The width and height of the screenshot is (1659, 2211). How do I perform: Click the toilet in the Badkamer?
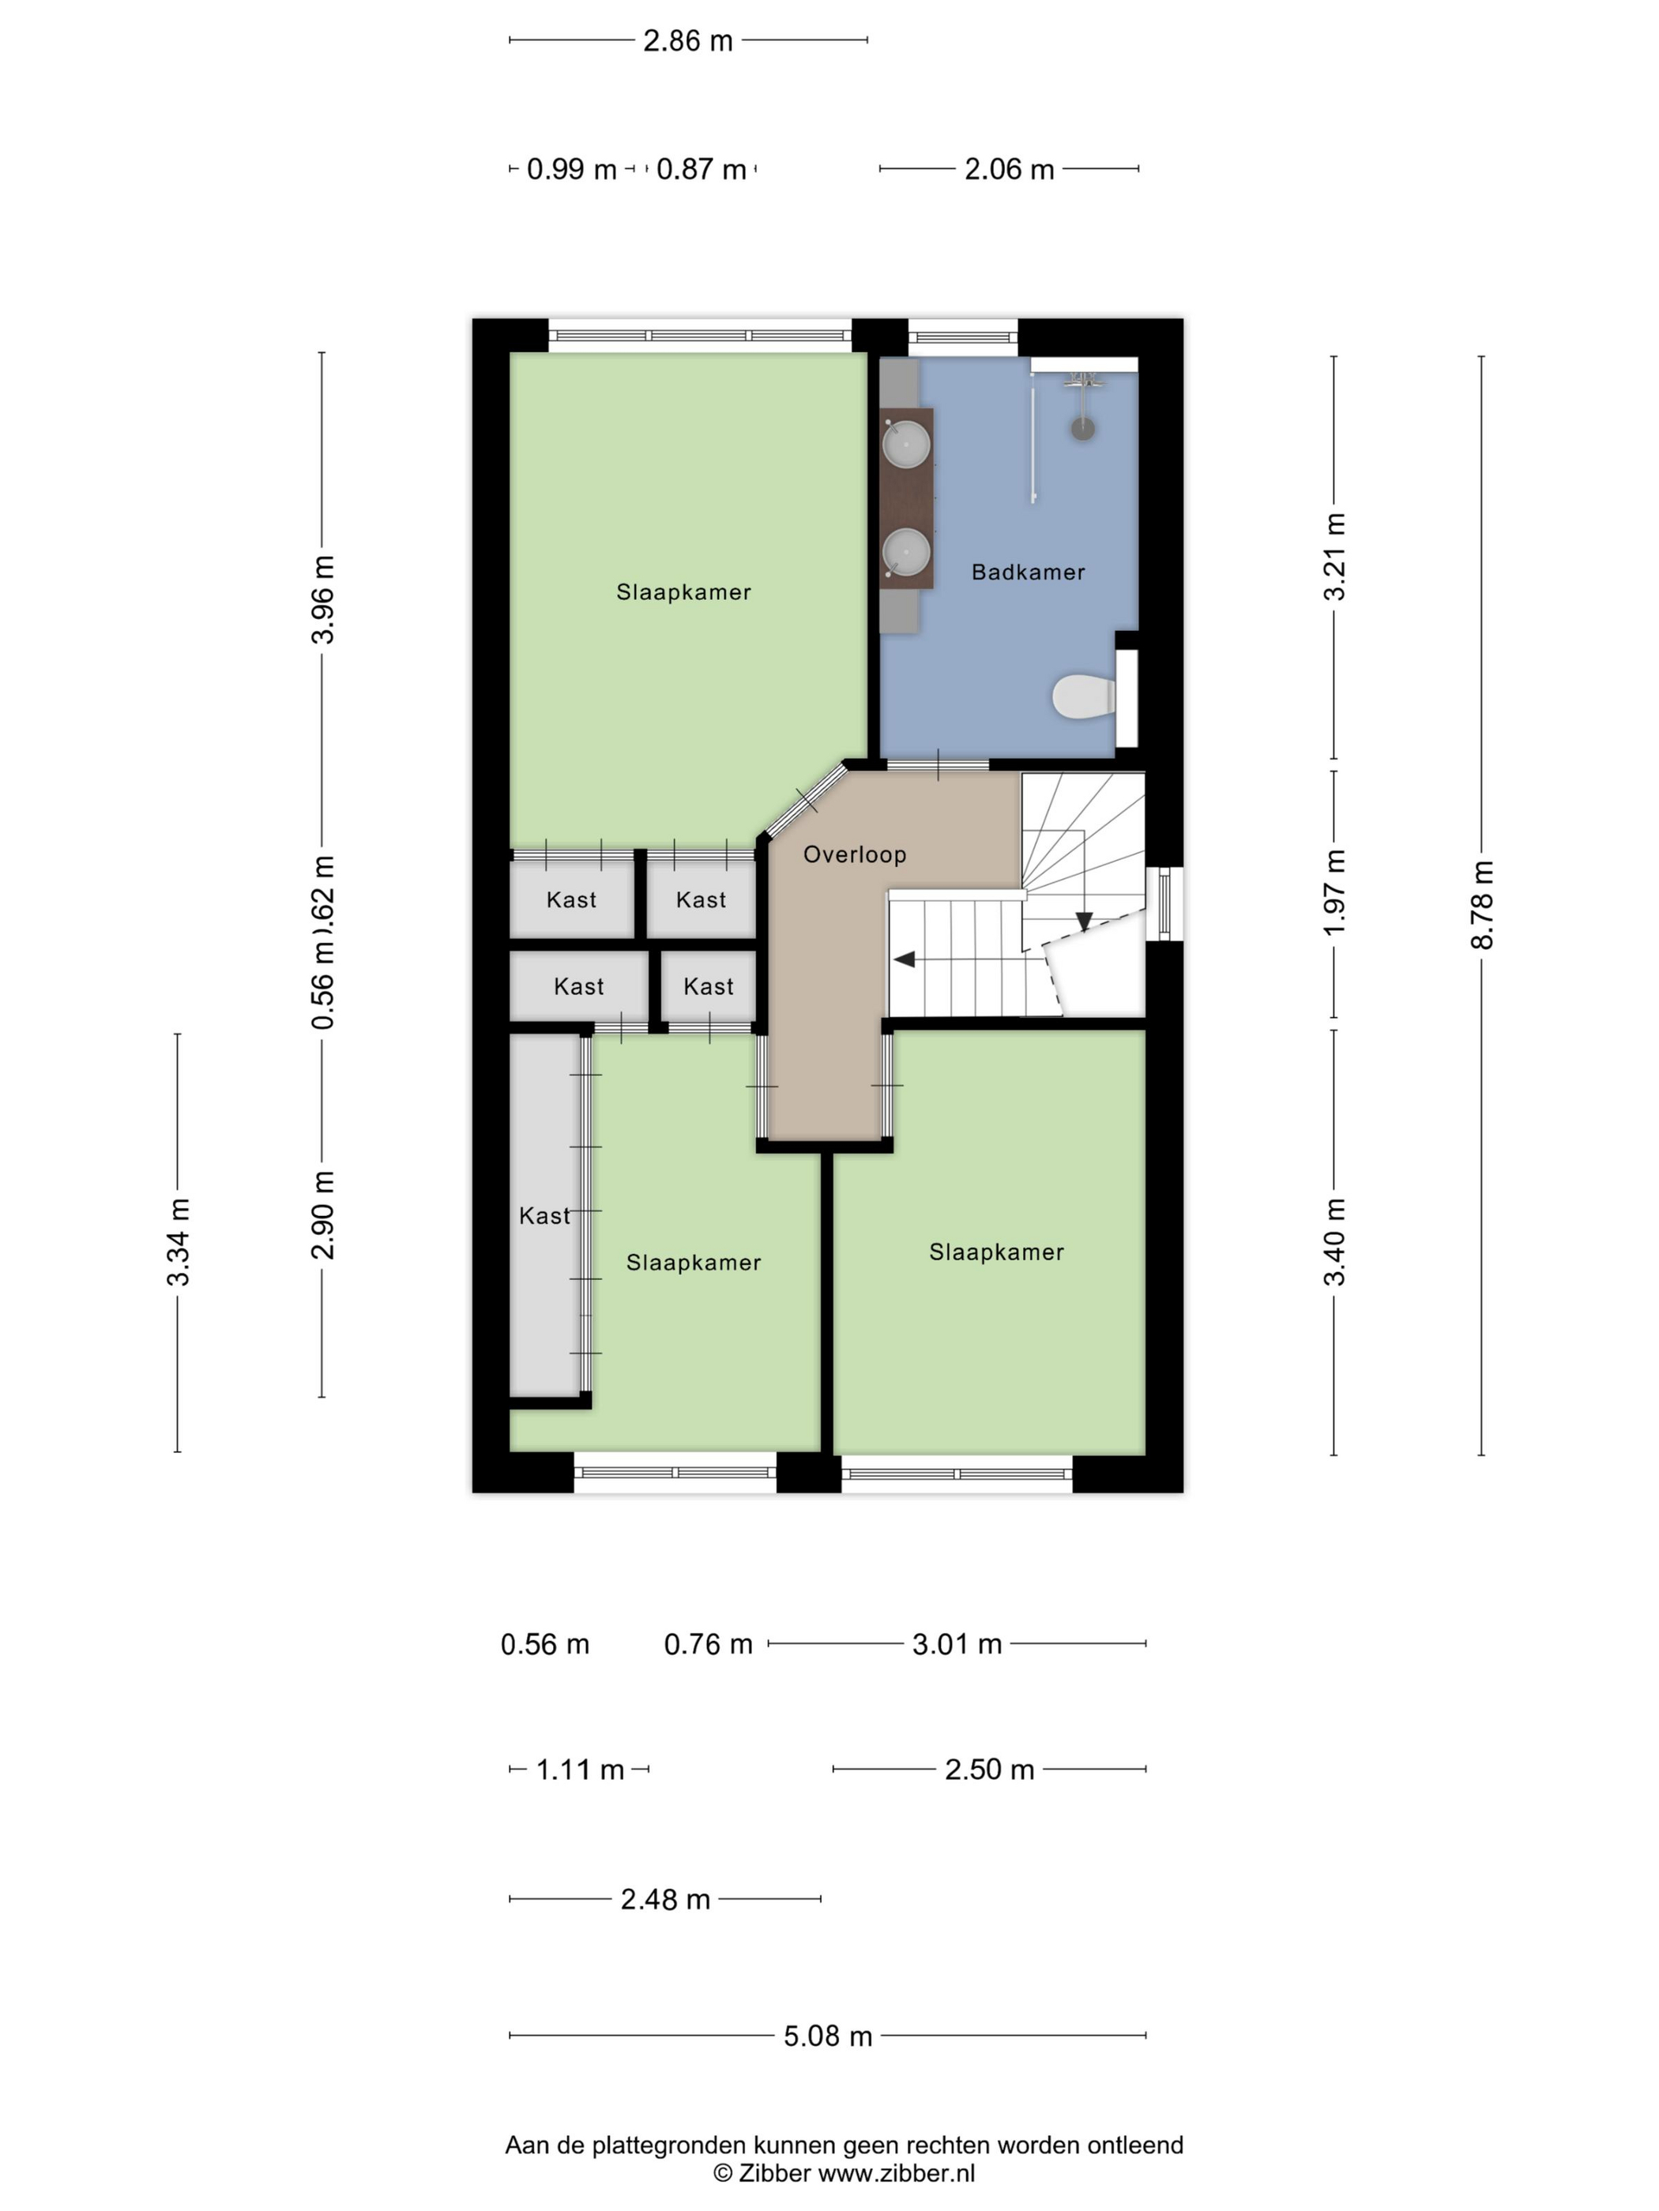coord(1082,696)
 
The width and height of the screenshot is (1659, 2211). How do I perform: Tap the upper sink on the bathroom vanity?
coord(906,444)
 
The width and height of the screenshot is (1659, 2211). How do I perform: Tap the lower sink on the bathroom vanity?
coord(906,552)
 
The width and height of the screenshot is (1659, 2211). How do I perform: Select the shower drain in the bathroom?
coord(1083,429)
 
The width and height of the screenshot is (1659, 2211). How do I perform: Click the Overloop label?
coord(854,854)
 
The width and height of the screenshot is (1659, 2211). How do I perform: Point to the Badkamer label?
coord(1028,572)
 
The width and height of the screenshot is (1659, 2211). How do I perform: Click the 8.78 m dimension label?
coord(1482,903)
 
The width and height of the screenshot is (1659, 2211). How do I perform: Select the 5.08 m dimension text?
coord(827,2036)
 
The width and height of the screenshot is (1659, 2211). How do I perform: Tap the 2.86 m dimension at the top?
coord(687,41)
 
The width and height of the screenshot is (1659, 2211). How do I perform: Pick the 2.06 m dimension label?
coord(1008,170)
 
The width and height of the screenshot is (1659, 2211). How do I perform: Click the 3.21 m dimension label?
coord(1335,557)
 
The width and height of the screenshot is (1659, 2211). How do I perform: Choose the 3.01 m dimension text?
coord(956,1644)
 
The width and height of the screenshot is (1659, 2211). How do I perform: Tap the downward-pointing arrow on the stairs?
coord(1083,921)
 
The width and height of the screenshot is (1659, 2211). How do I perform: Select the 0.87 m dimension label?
coord(701,170)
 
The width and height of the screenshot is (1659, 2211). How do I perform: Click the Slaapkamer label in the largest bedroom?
coord(683,591)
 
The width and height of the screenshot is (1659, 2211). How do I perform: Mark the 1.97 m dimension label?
coord(1335,892)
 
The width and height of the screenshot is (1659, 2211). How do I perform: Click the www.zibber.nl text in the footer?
coord(896,2172)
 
